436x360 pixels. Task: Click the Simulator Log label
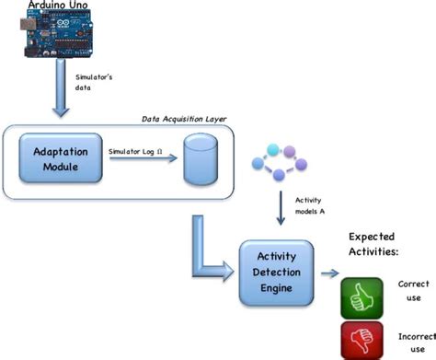(x=139, y=149)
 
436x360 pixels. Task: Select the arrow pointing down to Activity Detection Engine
(x=279, y=212)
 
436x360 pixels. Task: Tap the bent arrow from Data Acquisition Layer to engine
(x=210, y=253)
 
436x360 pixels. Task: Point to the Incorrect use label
(x=413, y=341)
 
